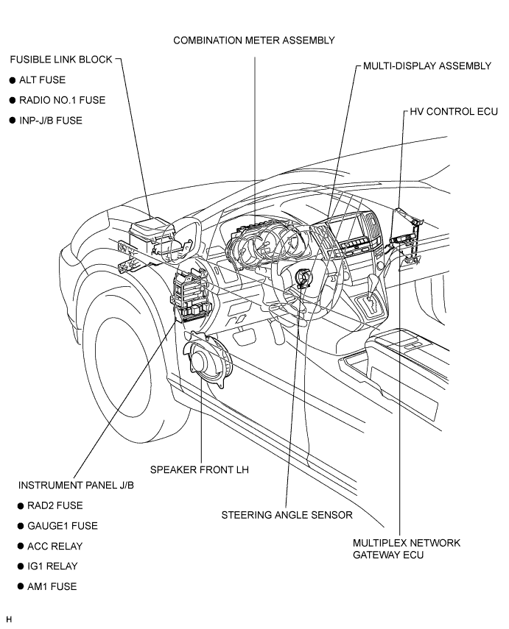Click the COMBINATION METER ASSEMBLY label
254,40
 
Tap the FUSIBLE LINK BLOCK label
61,60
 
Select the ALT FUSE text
42,80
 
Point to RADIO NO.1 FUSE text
63,100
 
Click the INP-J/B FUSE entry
51,121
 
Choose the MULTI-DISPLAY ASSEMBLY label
427,65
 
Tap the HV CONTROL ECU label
454,112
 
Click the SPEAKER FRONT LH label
200,470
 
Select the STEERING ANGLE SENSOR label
287,515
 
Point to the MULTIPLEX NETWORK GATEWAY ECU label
407,549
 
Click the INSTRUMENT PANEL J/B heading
76,486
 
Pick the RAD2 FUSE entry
55,505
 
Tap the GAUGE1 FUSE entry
63,526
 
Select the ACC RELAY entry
55,547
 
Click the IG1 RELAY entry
52,566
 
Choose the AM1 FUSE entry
52,586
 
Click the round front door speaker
207,358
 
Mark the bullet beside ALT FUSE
13,80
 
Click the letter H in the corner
10,619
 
